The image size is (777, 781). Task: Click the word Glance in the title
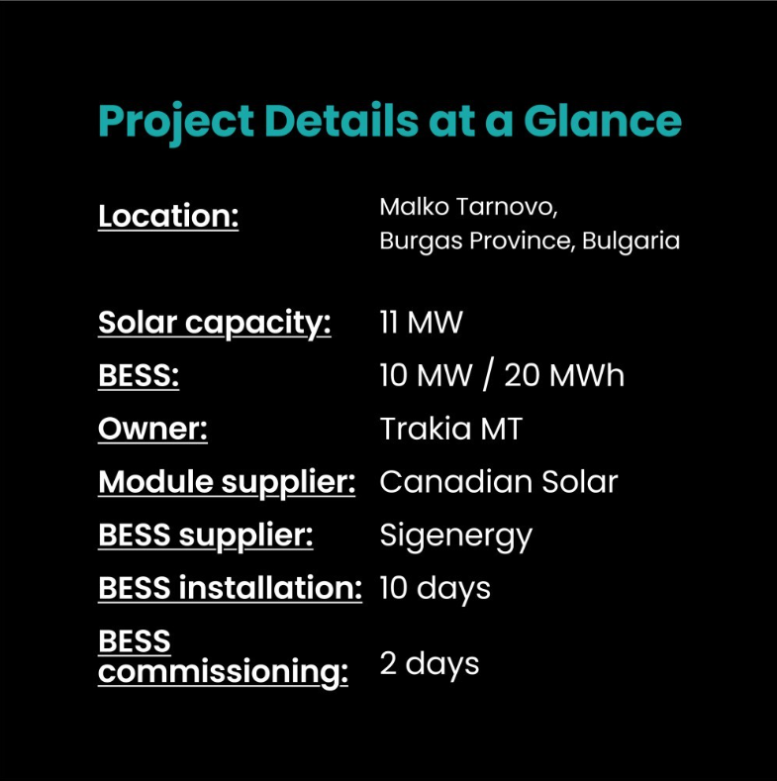tap(602, 121)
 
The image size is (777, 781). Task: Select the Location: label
tap(168, 216)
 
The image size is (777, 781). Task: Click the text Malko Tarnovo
tap(468, 207)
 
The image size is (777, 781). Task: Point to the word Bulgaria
tap(631, 242)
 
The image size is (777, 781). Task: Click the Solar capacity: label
tap(214, 323)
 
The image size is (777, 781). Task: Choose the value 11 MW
tap(422, 323)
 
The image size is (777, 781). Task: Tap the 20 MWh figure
tap(564, 375)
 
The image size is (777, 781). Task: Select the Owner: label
tap(152, 429)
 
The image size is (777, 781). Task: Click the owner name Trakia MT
tap(451, 429)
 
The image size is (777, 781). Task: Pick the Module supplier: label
tap(227, 482)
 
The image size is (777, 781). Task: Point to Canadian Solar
tap(499, 482)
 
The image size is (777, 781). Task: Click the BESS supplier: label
tap(205, 536)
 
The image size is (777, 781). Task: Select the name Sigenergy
tap(456, 537)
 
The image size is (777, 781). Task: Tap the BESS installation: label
tap(230, 588)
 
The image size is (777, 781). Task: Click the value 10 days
tap(436, 589)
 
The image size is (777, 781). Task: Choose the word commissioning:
tap(223, 672)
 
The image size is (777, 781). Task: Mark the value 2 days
tap(430, 664)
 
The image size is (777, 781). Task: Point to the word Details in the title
tap(341, 121)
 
